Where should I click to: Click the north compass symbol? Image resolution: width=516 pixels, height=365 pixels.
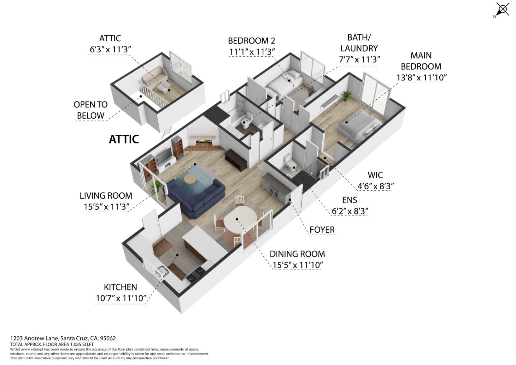tap(502, 9)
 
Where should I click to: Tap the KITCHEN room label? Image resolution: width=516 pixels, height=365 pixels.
tap(120, 287)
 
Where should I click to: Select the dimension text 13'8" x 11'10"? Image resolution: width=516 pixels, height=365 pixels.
tap(421, 77)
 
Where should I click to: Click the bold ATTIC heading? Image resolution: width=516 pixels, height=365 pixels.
tap(124, 139)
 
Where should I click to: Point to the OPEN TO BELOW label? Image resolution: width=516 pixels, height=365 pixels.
tap(91, 110)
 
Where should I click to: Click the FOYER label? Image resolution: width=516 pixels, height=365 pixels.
tap(322, 229)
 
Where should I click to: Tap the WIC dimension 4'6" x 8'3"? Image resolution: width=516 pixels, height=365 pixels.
tap(375, 186)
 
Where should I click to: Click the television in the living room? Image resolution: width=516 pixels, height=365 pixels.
tap(165, 157)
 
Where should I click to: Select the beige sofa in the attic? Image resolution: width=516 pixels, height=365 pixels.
tap(154, 78)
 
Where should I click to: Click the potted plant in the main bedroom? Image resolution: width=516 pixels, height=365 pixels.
tap(346, 95)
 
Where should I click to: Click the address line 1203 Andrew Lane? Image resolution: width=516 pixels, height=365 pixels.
tap(63, 338)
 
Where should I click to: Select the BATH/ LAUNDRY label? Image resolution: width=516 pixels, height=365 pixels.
tap(359, 43)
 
